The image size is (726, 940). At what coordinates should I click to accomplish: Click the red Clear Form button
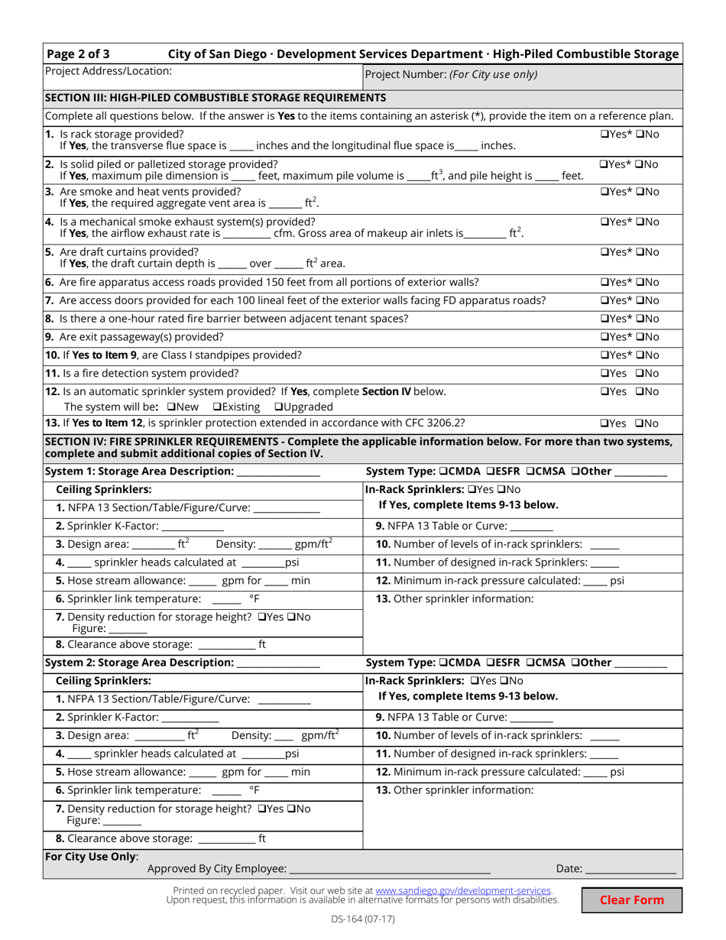point(631,899)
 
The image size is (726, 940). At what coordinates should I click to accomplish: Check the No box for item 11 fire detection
point(640,374)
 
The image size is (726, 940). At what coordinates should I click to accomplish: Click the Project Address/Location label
point(109,71)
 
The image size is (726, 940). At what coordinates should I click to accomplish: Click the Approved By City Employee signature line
point(390,869)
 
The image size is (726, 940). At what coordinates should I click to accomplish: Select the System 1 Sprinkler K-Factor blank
point(193,526)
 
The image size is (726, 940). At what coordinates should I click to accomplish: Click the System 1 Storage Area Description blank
point(278,472)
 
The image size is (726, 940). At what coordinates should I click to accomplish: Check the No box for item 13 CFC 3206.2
point(640,423)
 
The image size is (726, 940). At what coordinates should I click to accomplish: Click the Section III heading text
point(216,98)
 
